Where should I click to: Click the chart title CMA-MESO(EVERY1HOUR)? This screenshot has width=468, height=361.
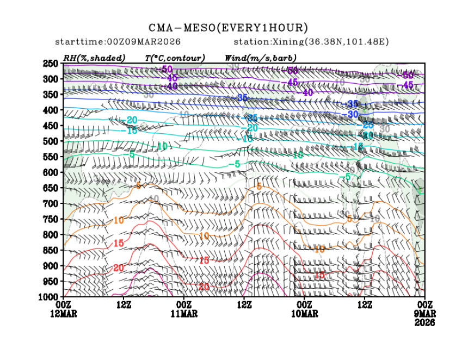(x=228, y=28)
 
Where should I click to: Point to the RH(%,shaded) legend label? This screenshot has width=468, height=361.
(x=94, y=58)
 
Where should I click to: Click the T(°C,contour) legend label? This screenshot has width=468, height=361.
(x=175, y=58)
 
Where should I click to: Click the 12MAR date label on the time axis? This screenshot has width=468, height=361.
(x=64, y=314)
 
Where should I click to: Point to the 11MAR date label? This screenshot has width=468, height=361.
(x=184, y=314)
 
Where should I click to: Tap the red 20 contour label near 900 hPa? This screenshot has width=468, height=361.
(x=119, y=269)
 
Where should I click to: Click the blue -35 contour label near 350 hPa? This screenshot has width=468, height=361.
(x=243, y=98)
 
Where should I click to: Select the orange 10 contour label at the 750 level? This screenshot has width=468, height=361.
(x=119, y=220)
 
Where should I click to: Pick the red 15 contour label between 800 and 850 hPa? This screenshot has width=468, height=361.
(x=119, y=244)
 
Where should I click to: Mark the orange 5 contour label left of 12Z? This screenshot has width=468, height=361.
(x=138, y=186)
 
